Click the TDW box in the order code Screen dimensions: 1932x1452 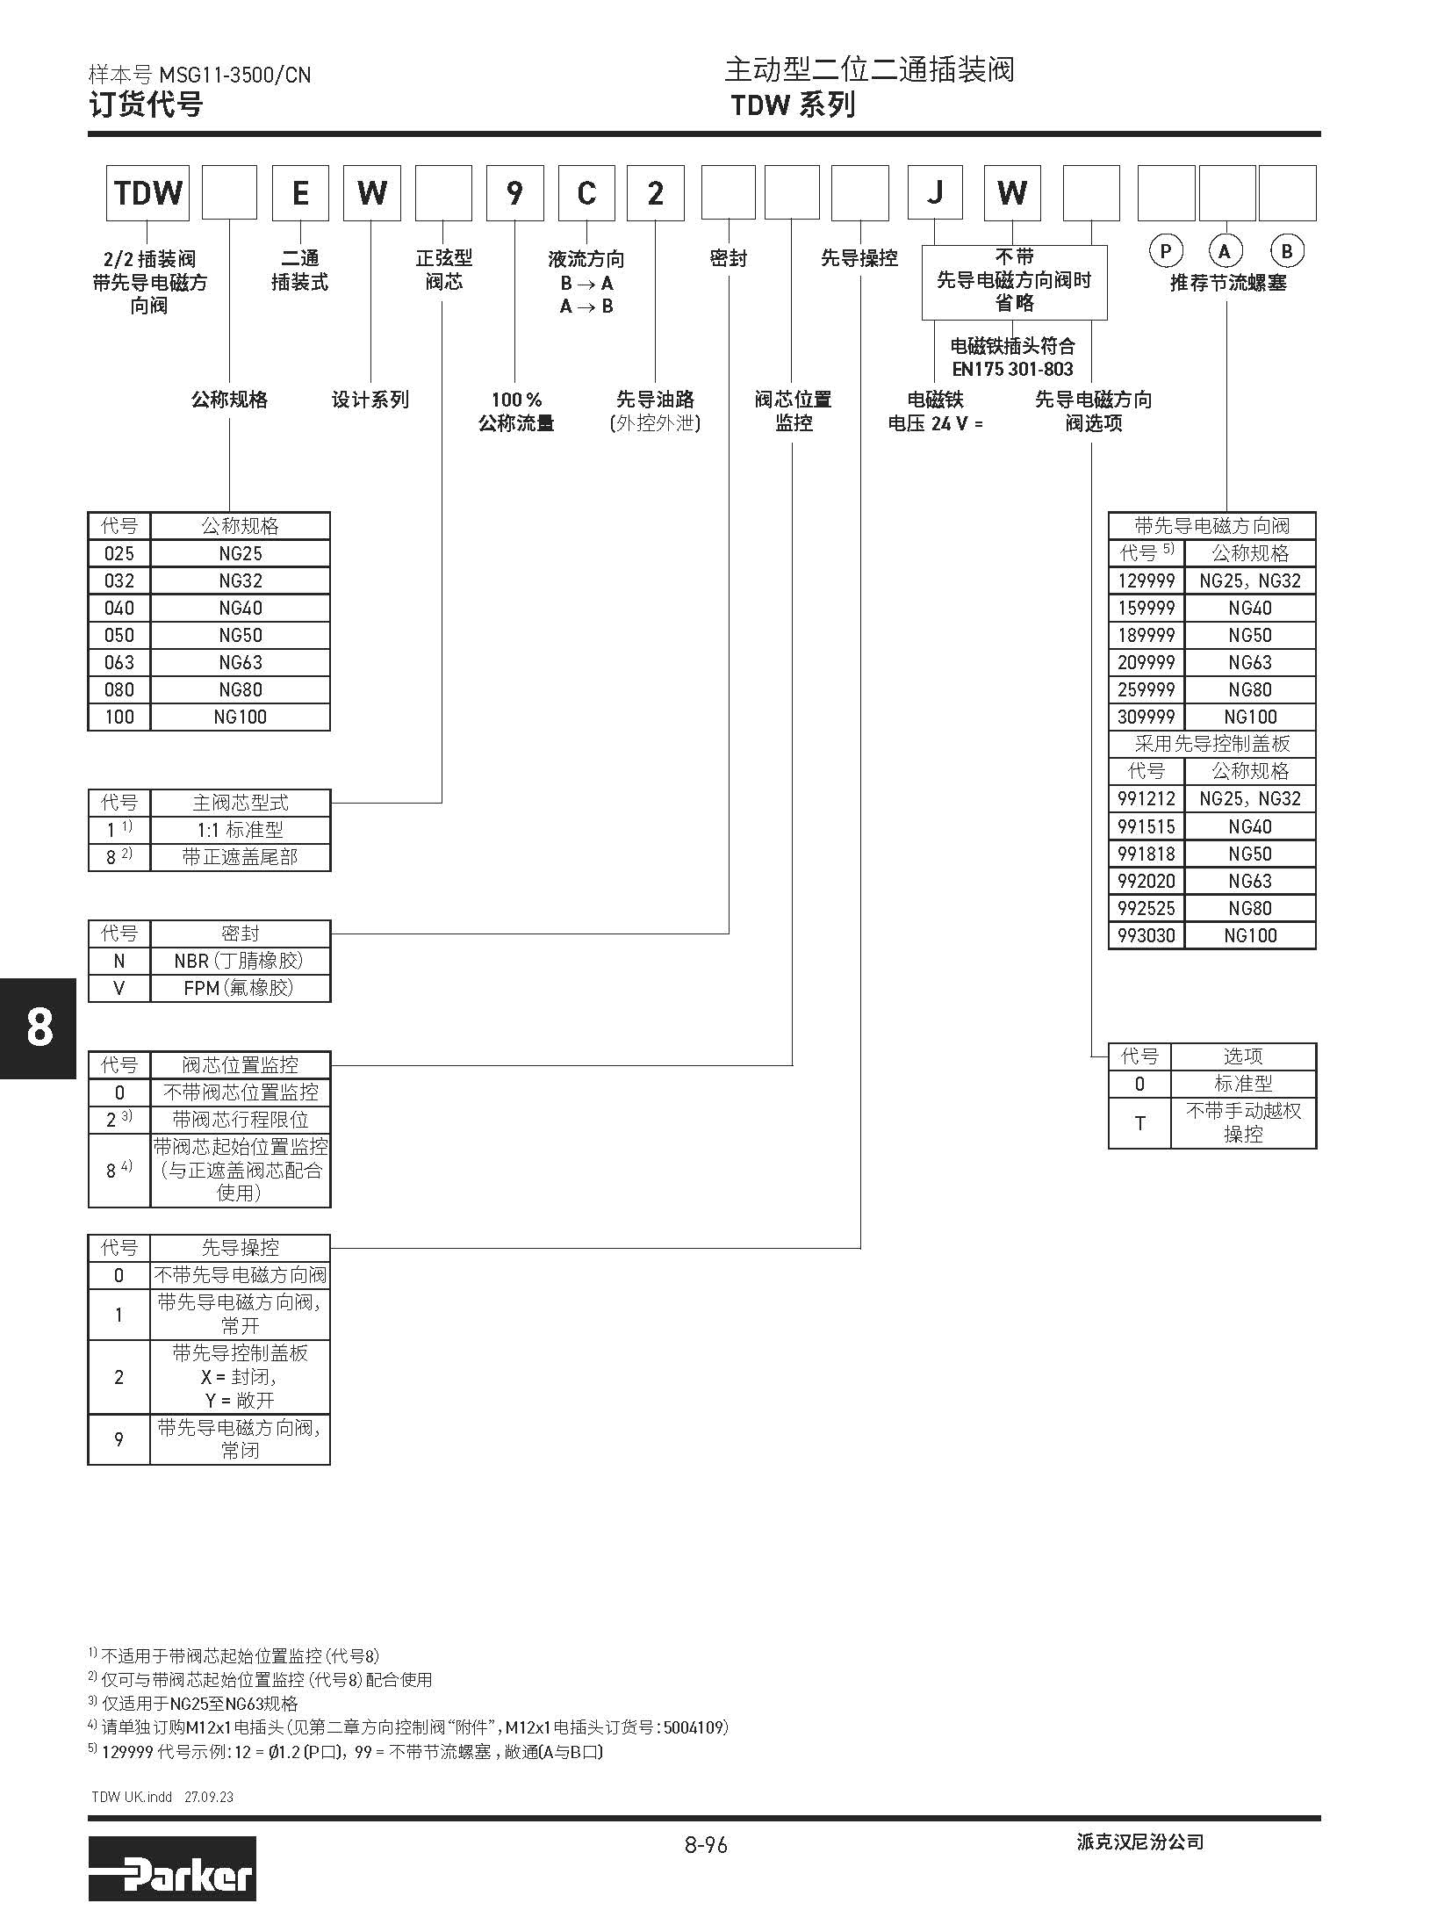(147, 193)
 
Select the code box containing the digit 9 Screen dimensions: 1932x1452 (514, 193)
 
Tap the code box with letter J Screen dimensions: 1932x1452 (935, 193)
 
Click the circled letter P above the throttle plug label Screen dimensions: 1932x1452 (1165, 252)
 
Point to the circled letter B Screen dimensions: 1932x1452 (1286, 252)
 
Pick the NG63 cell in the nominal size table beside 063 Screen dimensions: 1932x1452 (241, 662)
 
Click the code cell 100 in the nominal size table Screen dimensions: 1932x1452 (119, 717)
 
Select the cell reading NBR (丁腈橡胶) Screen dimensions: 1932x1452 (240, 961)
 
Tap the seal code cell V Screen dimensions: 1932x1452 (119, 988)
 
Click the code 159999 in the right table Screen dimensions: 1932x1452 (1146, 608)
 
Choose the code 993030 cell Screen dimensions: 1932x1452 (1146, 935)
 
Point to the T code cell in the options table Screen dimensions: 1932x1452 (1139, 1122)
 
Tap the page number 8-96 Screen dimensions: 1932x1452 (706, 1844)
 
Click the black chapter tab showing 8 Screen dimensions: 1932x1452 (39, 1027)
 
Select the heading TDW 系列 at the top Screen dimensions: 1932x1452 (793, 105)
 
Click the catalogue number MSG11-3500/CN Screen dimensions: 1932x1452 (234, 76)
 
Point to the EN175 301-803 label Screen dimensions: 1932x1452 (1012, 369)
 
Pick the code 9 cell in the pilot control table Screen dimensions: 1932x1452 (119, 1439)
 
